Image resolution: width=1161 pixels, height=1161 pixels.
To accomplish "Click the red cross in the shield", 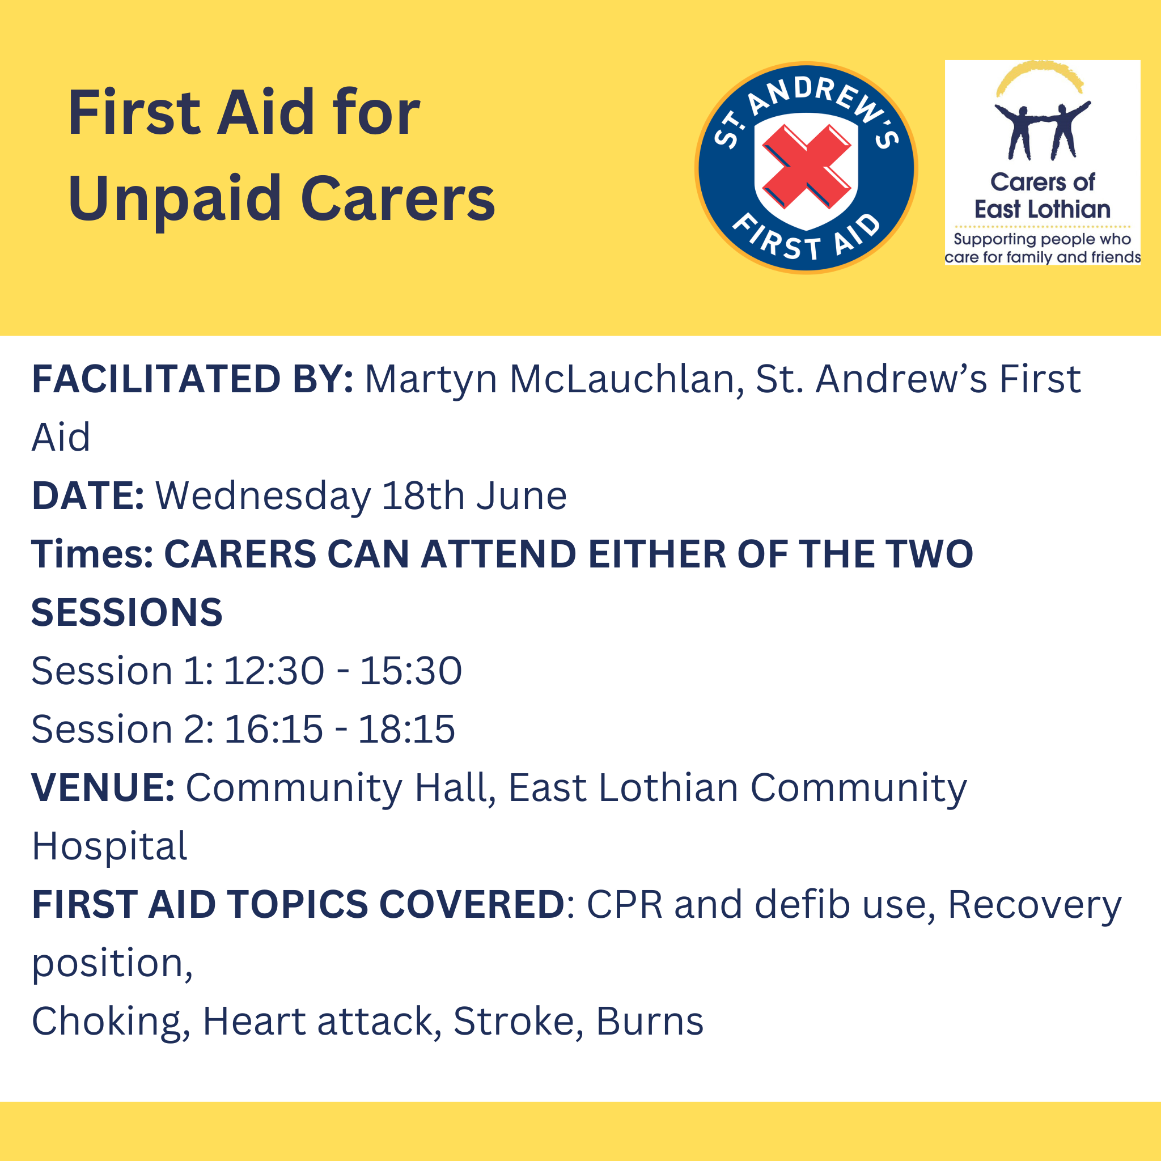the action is point(807,166).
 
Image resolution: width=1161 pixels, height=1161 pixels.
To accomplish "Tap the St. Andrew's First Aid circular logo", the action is point(807,168).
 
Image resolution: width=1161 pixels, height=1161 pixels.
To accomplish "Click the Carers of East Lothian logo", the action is point(1043,162).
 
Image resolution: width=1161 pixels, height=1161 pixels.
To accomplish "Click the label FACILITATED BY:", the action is point(192,379).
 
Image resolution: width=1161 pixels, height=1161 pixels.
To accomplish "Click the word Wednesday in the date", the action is point(263,496).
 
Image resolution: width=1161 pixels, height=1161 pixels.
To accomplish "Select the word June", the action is point(521,496).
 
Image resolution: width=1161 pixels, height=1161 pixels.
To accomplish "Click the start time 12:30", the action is point(274,671).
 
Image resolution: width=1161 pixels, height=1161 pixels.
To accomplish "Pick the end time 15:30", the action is point(411,671).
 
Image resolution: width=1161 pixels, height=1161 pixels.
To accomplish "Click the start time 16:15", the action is point(273,729).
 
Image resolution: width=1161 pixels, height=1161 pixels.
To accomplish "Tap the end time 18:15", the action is point(407,729).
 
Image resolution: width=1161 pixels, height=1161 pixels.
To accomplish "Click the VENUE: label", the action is point(103,787).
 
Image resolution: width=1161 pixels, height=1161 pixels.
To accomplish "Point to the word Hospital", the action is point(109,847).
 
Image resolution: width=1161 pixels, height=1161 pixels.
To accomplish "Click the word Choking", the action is point(111,1022).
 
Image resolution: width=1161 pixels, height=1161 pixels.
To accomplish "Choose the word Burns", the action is point(650,1022).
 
